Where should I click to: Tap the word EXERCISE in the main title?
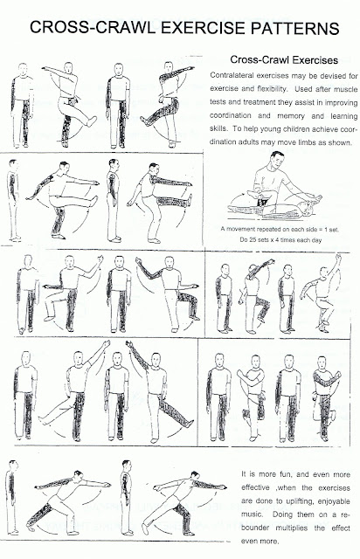(204, 28)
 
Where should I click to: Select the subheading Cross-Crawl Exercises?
(284, 59)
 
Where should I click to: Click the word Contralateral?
(232, 76)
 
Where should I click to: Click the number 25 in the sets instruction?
(253, 240)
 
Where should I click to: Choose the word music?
(252, 514)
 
